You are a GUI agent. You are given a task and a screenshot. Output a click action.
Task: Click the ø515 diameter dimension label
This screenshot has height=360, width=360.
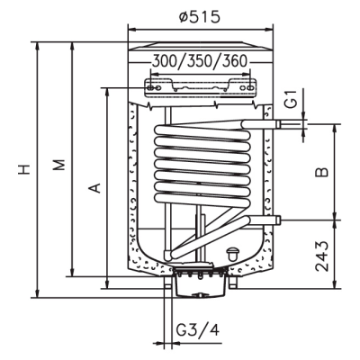[x=200, y=16]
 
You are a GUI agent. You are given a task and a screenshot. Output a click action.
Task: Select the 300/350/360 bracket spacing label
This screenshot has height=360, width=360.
[x=200, y=61]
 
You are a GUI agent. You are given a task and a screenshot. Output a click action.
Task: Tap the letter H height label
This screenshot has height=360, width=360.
[x=24, y=169]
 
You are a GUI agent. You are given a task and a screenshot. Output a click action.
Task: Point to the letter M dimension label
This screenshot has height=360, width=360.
[x=59, y=165]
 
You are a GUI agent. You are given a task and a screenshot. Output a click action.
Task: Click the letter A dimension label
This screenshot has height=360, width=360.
[x=95, y=188]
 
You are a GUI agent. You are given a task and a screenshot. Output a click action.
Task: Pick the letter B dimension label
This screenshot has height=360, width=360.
[x=322, y=172]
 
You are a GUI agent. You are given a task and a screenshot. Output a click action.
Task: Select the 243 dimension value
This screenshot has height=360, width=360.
[x=323, y=256]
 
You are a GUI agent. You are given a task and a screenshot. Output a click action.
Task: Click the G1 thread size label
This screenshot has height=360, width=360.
[x=291, y=99]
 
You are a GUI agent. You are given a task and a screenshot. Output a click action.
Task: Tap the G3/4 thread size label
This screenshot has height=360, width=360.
[x=198, y=330]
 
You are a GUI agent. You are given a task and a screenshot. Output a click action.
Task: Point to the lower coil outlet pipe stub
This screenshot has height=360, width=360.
[x=265, y=220]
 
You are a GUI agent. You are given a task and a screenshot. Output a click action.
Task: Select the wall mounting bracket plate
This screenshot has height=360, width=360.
[x=201, y=87]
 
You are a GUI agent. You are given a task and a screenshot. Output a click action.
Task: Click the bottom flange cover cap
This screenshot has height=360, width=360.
[x=200, y=285]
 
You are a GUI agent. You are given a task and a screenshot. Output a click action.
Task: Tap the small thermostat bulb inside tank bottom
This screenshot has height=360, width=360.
[x=232, y=254]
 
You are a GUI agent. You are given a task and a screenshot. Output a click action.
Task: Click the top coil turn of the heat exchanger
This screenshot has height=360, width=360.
[x=202, y=131]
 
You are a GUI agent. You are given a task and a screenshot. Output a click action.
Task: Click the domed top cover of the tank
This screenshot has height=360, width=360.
[x=201, y=46]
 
